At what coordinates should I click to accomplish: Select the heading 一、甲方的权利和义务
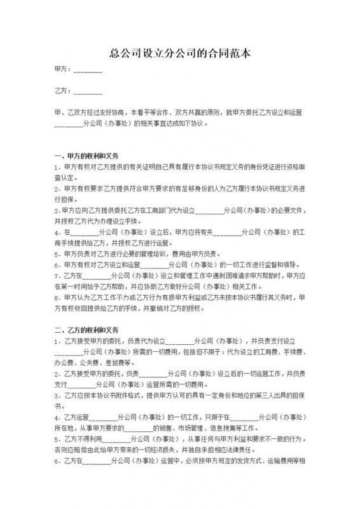(x=87, y=155)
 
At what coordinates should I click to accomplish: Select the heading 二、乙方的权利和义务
(x=87, y=330)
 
